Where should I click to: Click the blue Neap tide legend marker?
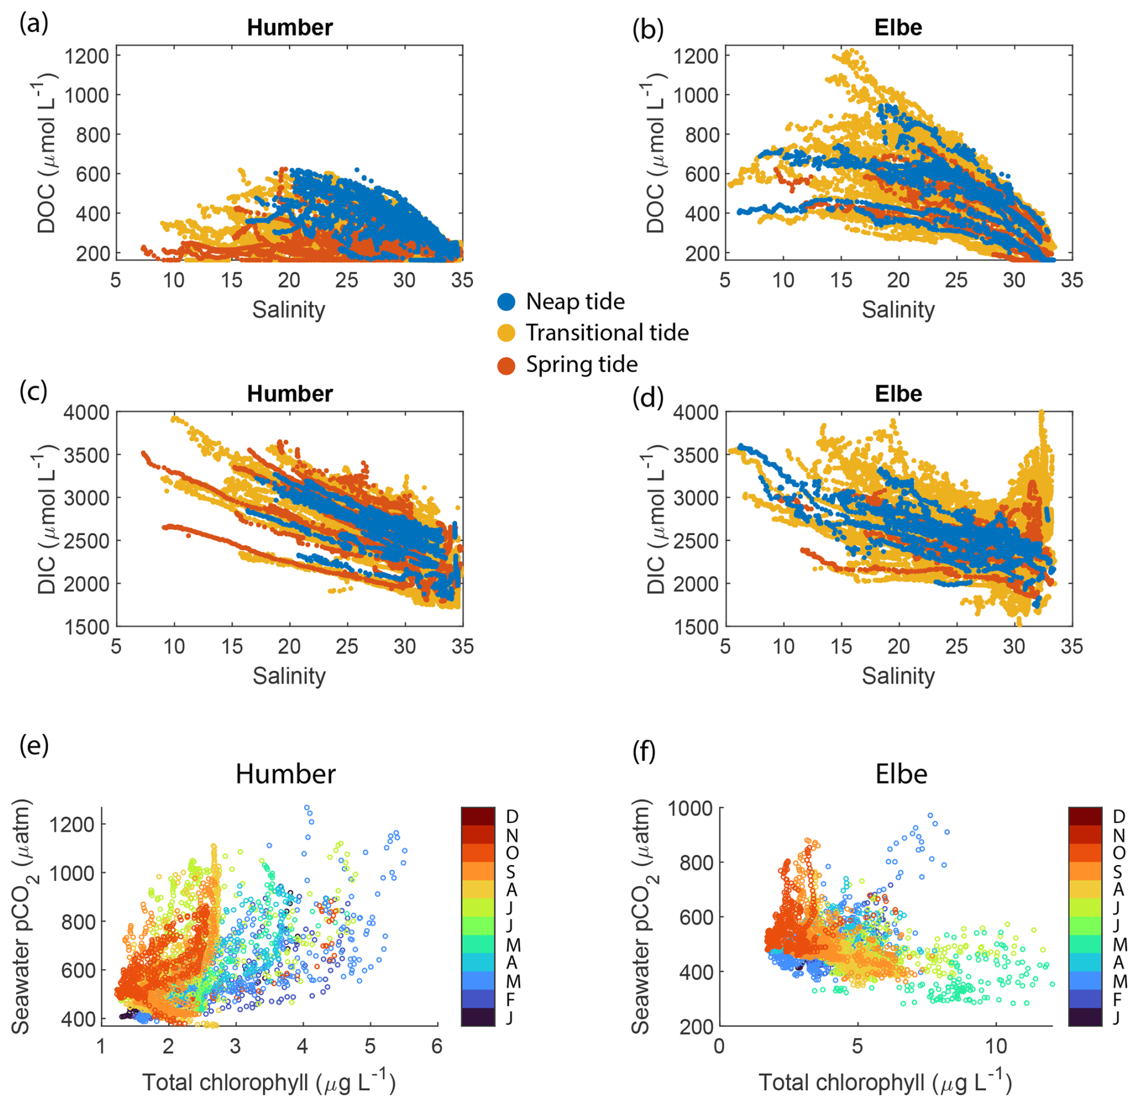(x=506, y=302)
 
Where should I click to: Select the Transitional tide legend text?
(x=607, y=332)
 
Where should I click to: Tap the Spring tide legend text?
(x=582, y=364)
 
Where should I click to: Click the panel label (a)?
(x=34, y=24)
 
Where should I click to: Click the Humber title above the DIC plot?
(x=290, y=394)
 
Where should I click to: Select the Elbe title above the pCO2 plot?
(x=901, y=774)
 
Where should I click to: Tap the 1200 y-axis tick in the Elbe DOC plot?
(x=695, y=56)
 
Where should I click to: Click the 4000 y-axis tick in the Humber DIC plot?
(x=87, y=412)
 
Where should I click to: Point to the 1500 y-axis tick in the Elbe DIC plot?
(x=695, y=627)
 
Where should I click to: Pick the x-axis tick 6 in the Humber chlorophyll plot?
(x=437, y=1046)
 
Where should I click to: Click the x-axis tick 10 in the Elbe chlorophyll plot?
(x=996, y=1046)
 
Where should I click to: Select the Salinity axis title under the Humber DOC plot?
(x=288, y=309)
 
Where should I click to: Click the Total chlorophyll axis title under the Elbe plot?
(x=885, y=1082)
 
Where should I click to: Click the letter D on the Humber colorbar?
(x=512, y=816)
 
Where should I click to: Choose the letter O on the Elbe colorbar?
(x=1119, y=853)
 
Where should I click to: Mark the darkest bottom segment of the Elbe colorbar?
(x=1085, y=1017)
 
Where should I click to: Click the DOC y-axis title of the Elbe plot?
(x=655, y=153)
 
